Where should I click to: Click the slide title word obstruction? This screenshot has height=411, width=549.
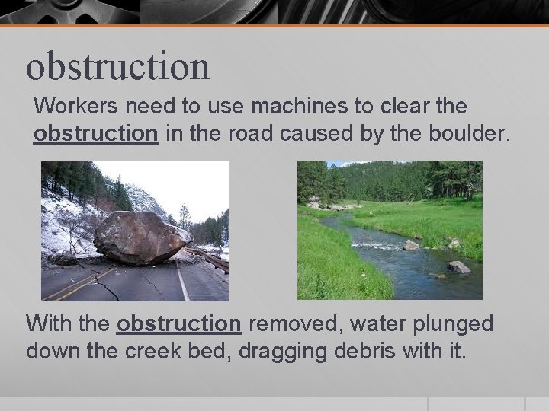click(117, 65)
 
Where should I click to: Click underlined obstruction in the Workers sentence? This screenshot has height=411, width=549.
click(96, 133)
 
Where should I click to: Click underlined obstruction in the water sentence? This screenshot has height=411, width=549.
click(179, 323)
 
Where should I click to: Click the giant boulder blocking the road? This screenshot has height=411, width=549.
click(141, 238)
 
